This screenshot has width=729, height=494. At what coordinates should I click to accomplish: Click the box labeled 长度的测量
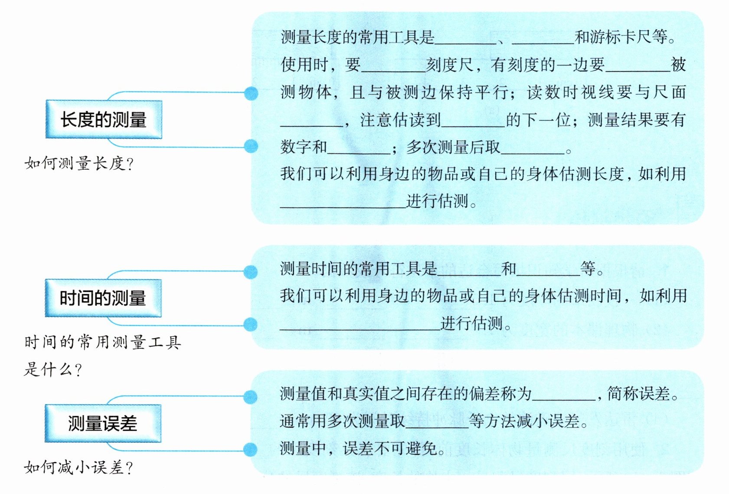point(104,119)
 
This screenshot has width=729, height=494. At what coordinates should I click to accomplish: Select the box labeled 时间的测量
point(103,298)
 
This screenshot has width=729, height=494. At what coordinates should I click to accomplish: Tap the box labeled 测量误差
point(103,423)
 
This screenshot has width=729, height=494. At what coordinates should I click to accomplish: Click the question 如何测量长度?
point(79,164)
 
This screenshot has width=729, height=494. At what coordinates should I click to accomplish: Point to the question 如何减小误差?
point(78,468)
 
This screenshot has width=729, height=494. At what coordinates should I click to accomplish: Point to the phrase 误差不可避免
point(390,448)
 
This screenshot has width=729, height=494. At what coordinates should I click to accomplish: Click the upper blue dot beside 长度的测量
point(251,93)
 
